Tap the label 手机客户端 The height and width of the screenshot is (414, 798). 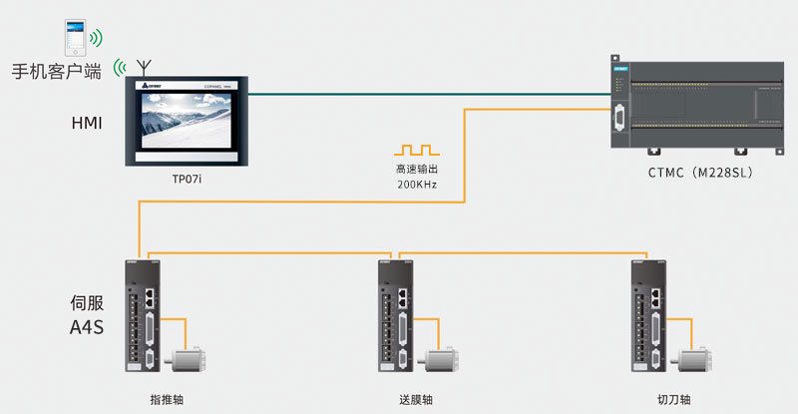[57, 73]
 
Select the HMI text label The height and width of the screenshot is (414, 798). [87, 123]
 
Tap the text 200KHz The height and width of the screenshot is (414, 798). [416, 186]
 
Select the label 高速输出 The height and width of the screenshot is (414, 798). [416, 170]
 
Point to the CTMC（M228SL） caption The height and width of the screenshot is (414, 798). [698, 173]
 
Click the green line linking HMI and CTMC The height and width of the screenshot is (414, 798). [429, 94]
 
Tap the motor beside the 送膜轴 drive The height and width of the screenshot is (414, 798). [441, 360]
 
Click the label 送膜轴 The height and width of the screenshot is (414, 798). [416, 400]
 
